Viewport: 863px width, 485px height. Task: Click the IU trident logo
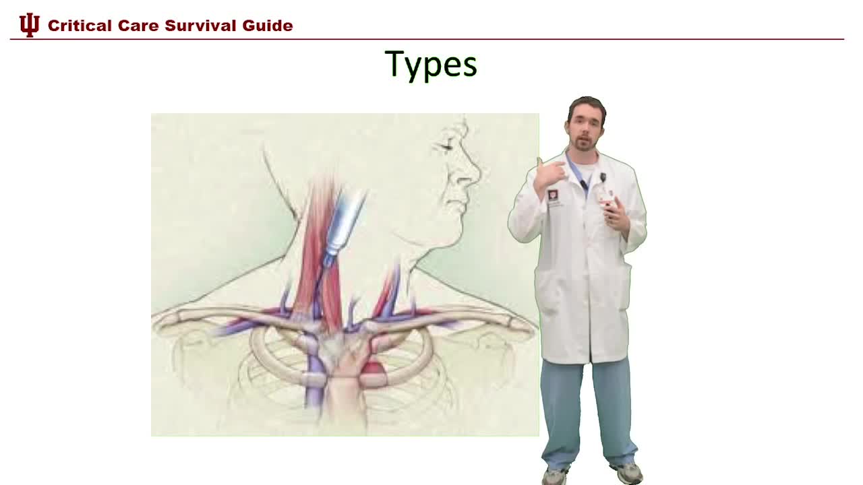[x=29, y=25]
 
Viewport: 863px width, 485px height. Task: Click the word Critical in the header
[x=79, y=26]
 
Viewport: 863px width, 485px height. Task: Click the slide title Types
[x=431, y=65]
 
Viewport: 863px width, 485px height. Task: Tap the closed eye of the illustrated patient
[x=446, y=145]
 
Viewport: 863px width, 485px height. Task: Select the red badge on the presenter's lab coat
[x=552, y=196]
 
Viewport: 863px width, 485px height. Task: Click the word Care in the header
[x=138, y=26]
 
